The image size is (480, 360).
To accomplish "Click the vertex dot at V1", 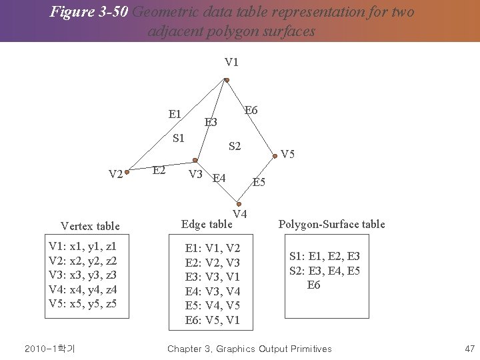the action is (227, 81).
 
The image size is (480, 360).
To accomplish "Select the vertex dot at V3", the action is (195, 160).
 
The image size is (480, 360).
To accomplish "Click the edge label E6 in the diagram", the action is (251, 110).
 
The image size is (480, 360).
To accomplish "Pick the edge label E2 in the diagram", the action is (159, 170).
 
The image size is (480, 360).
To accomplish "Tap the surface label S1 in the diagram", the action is (179, 139).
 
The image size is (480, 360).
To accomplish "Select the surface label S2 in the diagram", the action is (235, 146).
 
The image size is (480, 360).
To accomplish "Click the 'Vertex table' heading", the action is (90, 226).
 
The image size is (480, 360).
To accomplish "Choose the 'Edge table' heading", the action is (207, 224).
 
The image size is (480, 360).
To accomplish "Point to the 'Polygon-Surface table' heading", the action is (331, 224).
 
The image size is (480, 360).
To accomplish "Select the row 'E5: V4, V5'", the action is (213, 305).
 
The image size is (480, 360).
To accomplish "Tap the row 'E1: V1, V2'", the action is (213, 249).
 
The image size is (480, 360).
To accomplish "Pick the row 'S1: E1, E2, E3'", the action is (325, 256).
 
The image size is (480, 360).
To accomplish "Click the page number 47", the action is (469, 349).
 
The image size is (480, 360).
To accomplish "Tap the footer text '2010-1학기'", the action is (49, 349).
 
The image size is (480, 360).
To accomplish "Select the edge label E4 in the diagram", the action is (219, 178).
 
